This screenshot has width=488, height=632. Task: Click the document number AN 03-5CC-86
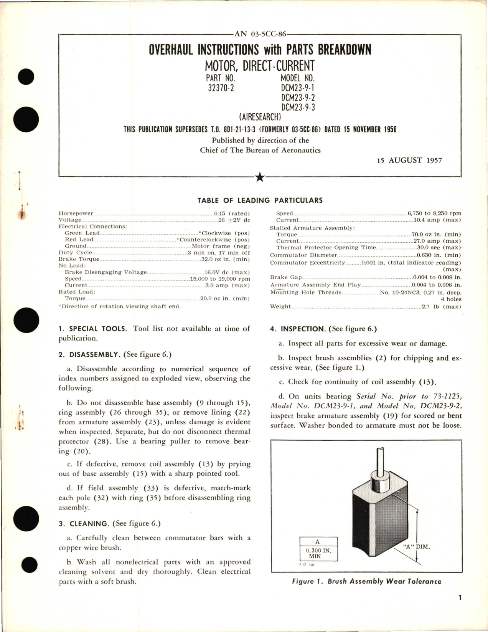[x=260, y=34]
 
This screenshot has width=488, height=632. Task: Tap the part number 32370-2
[x=221, y=88]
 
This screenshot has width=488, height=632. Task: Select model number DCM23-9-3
[x=298, y=107]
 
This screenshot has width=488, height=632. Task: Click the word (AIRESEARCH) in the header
[x=260, y=117]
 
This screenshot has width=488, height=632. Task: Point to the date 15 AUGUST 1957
[x=409, y=160]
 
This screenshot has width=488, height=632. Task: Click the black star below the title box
[x=260, y=177]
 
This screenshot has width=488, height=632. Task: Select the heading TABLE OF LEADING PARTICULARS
[x=260, y=200]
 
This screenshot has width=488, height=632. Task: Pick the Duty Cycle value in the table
[x=219, y=253]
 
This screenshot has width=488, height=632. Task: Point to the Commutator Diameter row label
[x=303, y=255]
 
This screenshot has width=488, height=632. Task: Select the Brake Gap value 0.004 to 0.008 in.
[x=437, y=277]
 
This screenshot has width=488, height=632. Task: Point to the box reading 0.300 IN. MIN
[x=318, y=553]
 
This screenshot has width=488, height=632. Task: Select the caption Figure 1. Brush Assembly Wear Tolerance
[x=366, y=581]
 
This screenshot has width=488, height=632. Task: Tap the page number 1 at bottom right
[x=460, y=608]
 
